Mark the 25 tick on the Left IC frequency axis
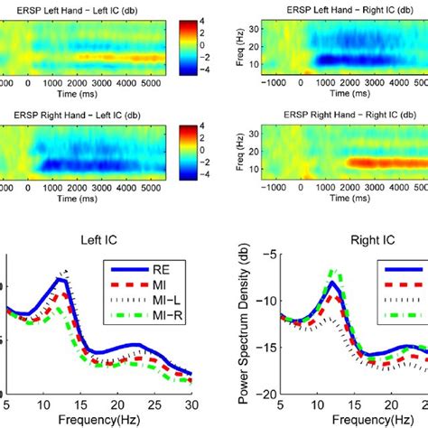pos(154,404)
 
